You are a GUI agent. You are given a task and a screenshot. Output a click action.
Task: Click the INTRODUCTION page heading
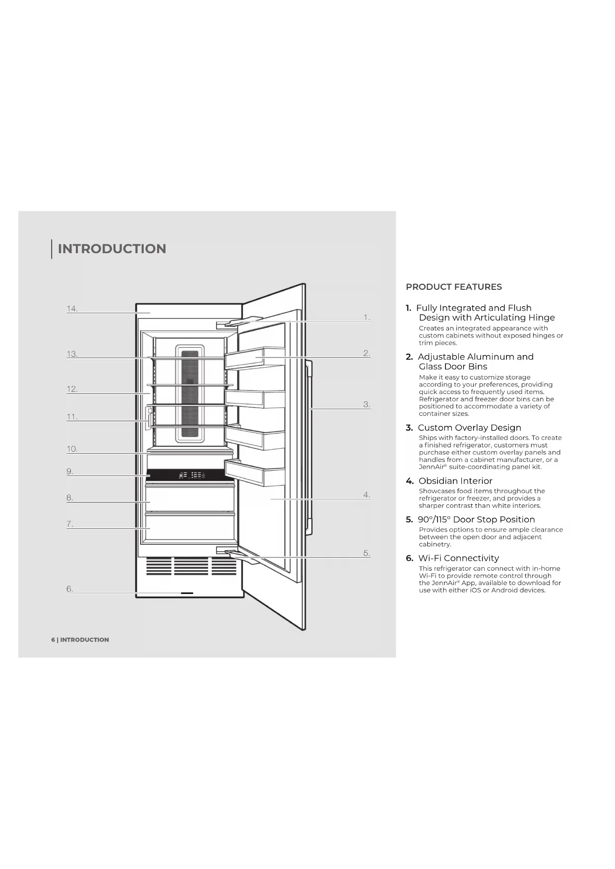[112, 249]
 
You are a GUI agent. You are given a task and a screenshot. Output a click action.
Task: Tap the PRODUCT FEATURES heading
[453, 287]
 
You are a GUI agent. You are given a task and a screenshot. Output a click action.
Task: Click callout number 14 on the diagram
[72, 309]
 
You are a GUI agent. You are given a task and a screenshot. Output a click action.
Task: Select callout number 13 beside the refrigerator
[72, 354]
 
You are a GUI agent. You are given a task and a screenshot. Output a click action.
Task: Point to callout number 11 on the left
[72, 417]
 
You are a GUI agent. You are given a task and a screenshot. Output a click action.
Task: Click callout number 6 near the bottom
[70, 589]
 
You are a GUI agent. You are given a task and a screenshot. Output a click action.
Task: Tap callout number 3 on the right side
[367, 404]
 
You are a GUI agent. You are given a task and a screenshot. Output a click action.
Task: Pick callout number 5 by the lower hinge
[367, 553]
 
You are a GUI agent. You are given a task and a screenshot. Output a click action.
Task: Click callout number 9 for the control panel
[70, 471]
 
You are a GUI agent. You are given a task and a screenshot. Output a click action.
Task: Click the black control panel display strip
[191, 475]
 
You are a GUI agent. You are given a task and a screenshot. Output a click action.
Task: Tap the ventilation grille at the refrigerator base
[191, 566]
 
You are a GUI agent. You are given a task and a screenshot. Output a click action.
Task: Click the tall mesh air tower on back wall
[190, 394]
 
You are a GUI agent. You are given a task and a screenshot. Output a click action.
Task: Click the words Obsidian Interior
[455, 481]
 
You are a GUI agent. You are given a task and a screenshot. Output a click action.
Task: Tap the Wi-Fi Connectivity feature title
[458, 558]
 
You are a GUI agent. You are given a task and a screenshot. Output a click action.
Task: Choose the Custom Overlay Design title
[469, 428]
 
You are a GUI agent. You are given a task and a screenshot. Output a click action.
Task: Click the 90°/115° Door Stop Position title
[476, 520]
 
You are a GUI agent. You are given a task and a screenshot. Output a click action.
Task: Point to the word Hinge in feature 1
[541, 318]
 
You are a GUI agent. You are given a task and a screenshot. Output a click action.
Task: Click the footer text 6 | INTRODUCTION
[80, 640]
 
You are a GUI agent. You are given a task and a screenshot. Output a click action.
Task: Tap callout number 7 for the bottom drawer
[70, 524]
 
